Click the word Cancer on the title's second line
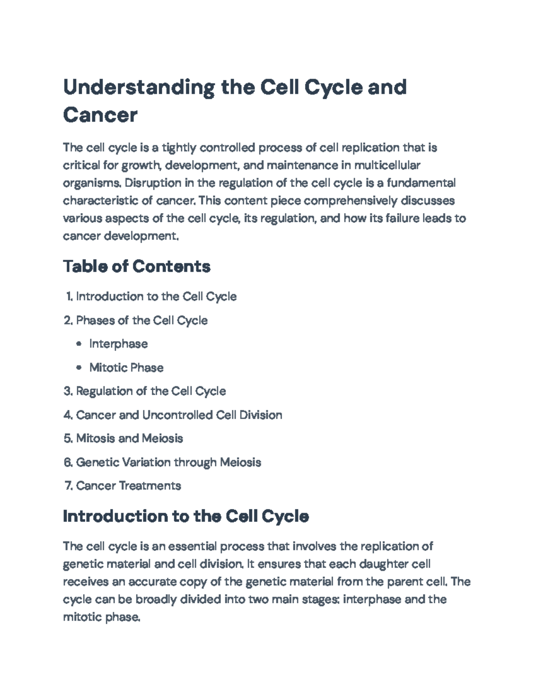(100, 115)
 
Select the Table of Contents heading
(137, 267)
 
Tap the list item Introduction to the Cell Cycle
(156, 297)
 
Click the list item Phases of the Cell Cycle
(142, 320)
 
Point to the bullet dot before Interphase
(79, 344)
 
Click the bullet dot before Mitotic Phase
(79, 368)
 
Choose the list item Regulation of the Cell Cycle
(151, 391)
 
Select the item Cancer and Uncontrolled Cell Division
(179, 415)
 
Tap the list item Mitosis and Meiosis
(130, 438)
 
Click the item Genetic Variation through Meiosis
(168, 462)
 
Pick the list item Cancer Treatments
(129, 486)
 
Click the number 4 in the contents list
(67, 415)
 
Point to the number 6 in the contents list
(67, 462)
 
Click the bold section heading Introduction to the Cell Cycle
(186, 517)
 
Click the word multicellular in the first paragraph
(387, 165)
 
